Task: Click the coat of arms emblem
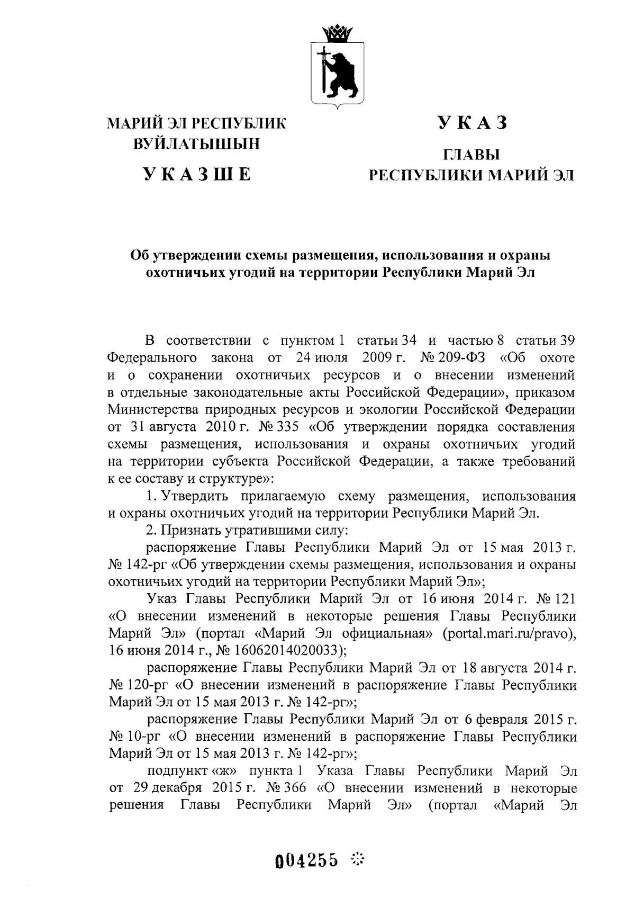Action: (x=337, y=74)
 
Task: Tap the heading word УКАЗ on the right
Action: (x=471, y=123)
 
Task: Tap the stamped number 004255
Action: (x=306, y=861)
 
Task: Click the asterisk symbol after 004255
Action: (x=359, y=860)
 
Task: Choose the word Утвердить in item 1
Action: (x=195, y=497)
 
